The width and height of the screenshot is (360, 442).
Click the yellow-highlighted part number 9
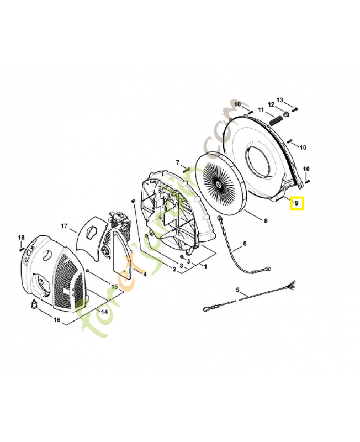click(x=297, y=203)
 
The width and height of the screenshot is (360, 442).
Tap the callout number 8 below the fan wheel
click(x=266, y=221)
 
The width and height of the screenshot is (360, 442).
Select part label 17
click(x=65, y=226)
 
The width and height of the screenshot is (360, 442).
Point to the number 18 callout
click(x=21, y=237)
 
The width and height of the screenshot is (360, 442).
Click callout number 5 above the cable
click(x=238, y=290)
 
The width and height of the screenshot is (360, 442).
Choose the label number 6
click(x=245, y=244)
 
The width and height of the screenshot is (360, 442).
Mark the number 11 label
click(x=260, y=110)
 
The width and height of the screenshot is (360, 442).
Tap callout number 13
click(x=280, y=100)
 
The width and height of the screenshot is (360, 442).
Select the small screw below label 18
click(x=21, y=249)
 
